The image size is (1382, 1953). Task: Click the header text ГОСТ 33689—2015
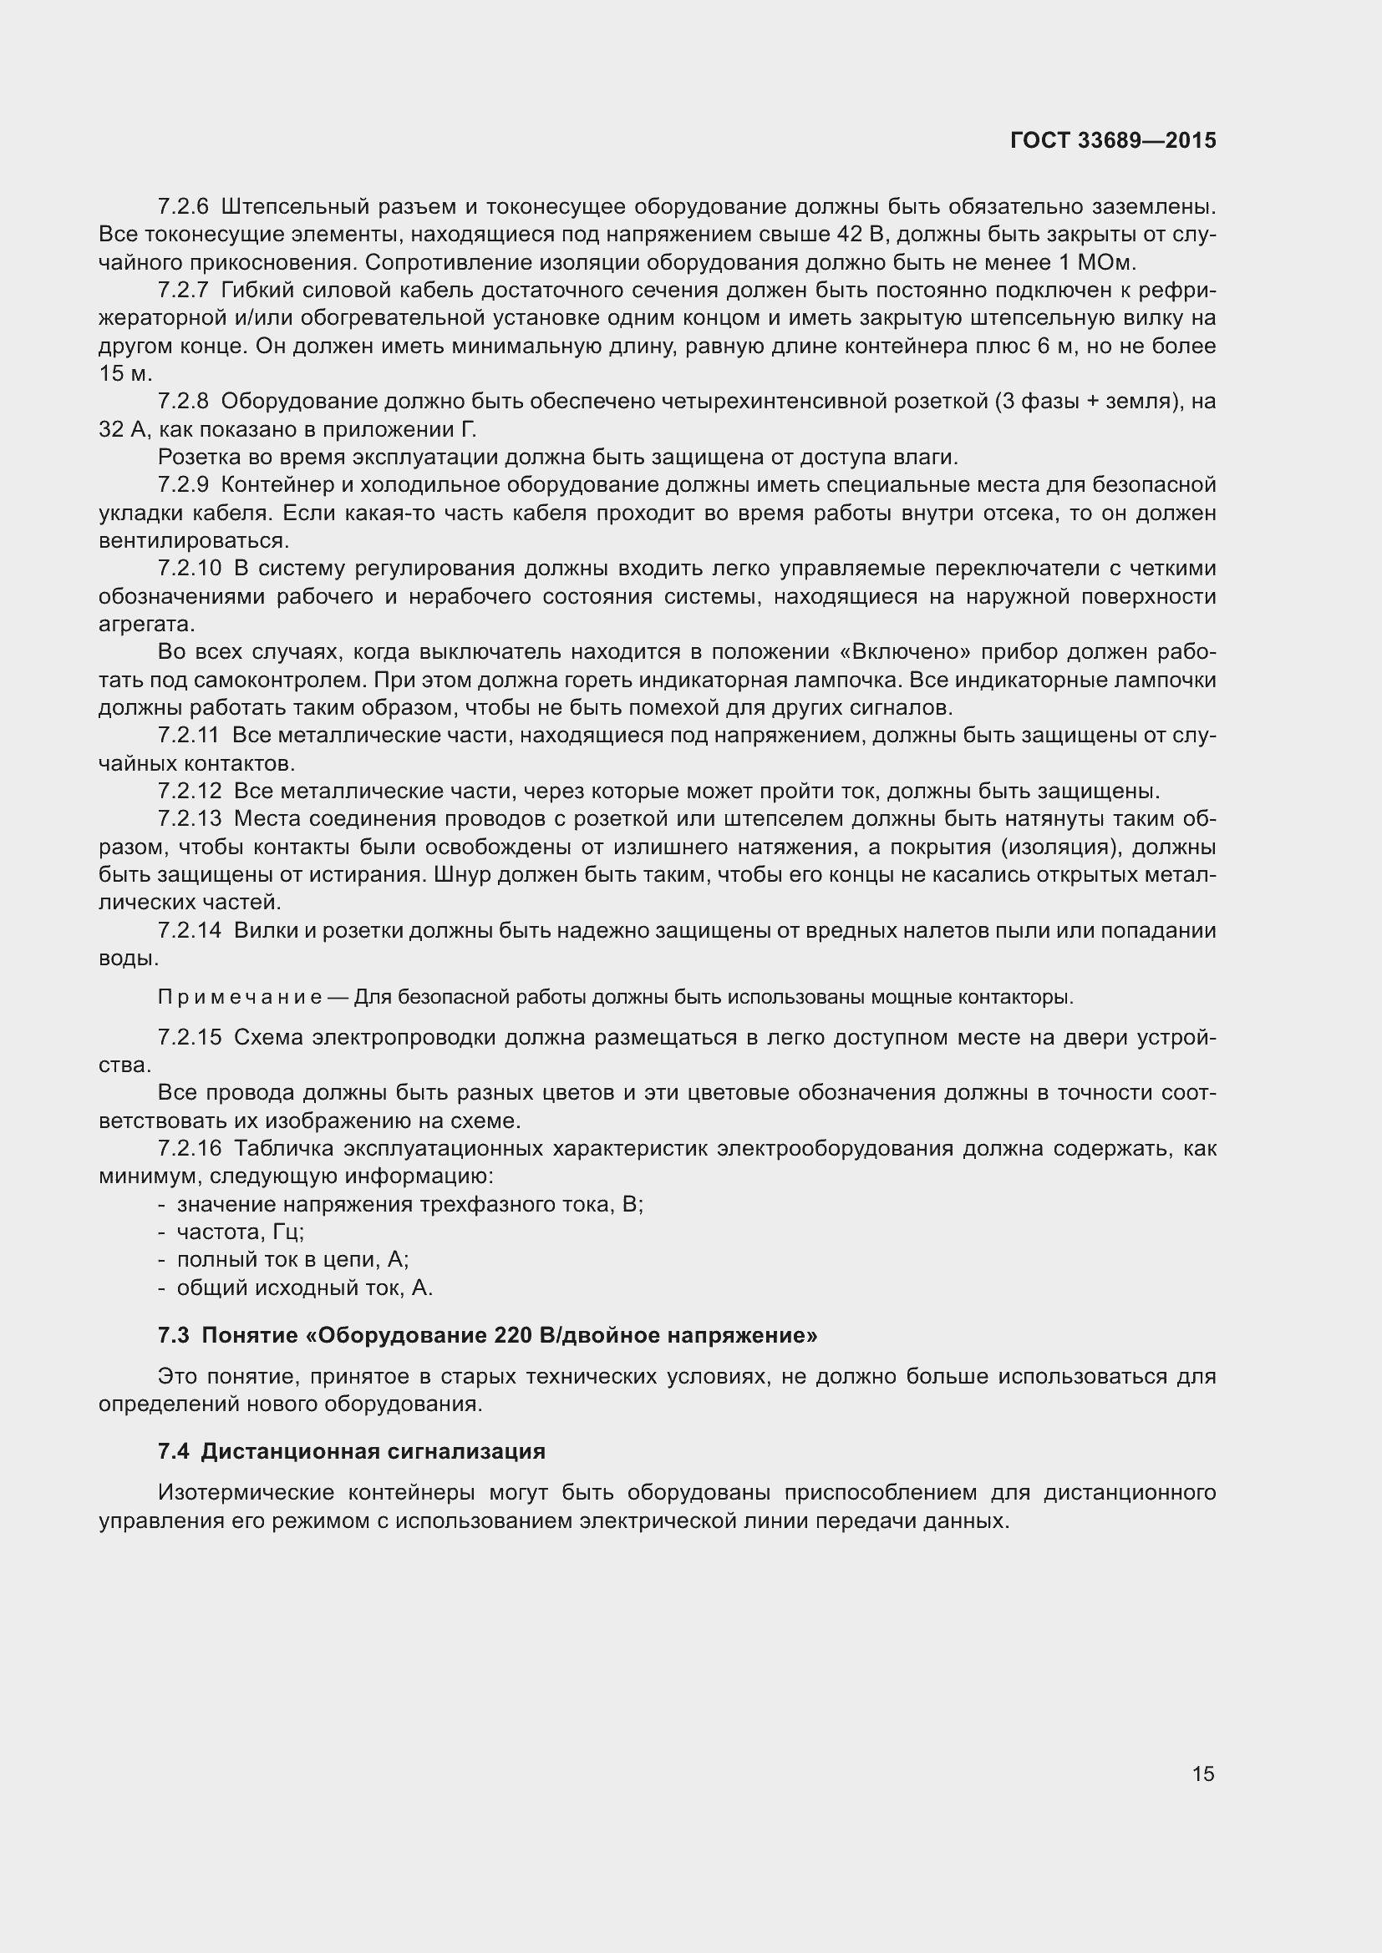(x=1113, y=140)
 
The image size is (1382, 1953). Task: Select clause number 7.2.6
(x=183, y=207)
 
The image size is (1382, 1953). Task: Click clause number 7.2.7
(x=183, y=291)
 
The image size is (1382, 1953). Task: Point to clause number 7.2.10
(x=189, y=569)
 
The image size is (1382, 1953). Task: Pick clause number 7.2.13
(x=189, y=819)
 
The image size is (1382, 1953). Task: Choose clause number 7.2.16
(x=189, y=1149)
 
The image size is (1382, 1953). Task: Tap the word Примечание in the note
(x=239, y=997)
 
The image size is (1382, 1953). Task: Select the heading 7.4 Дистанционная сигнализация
(x=352, y=1451)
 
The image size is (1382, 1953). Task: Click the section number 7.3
(x=174, y=1335)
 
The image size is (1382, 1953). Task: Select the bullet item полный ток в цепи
(x=292, y=1260)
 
